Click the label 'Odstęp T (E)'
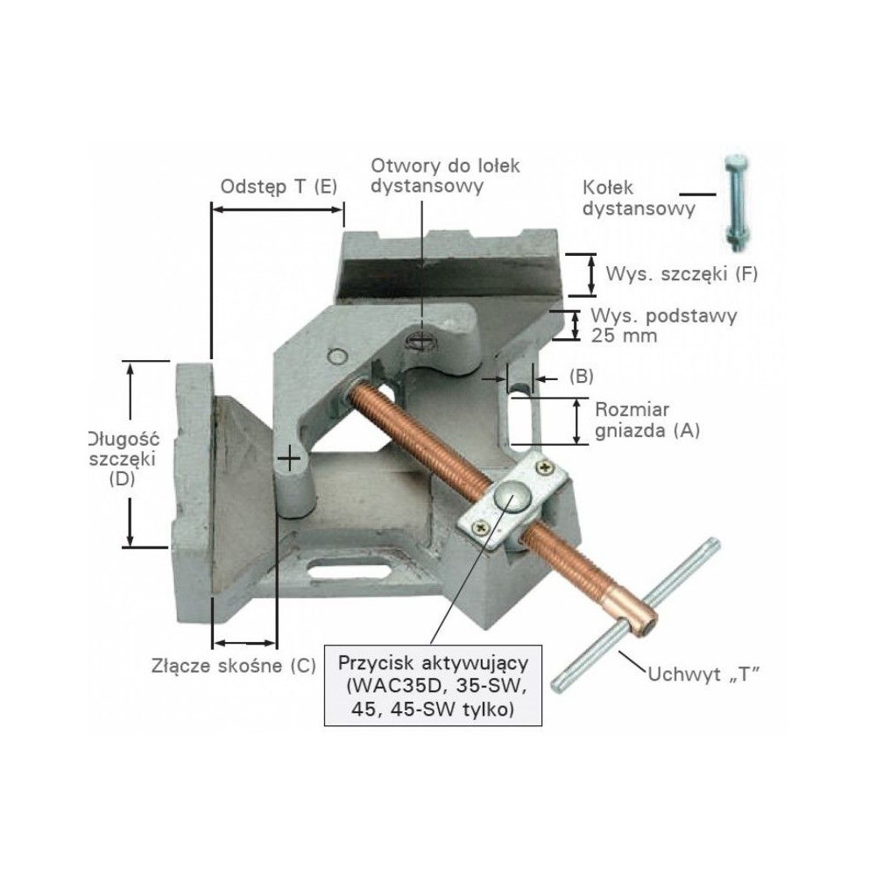pos(279,187)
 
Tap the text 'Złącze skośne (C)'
pos(234,666)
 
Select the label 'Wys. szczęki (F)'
pos(682,274)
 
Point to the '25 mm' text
pos(624,336)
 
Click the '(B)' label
pos(581,376)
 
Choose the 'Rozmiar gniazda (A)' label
pos(647,420)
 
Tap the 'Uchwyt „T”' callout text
pos(704,675)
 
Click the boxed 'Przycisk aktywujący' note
pos(433,686)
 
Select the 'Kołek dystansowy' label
pos(639,198)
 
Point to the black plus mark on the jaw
pos(289,459)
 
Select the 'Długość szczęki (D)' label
pos(123,459)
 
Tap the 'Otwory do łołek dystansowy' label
pos(445,175)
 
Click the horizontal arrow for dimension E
pos(278,209)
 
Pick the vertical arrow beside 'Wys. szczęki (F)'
pos(590,274)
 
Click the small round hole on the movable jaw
pos(337,357)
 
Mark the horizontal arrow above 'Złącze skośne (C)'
pos(244,642)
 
